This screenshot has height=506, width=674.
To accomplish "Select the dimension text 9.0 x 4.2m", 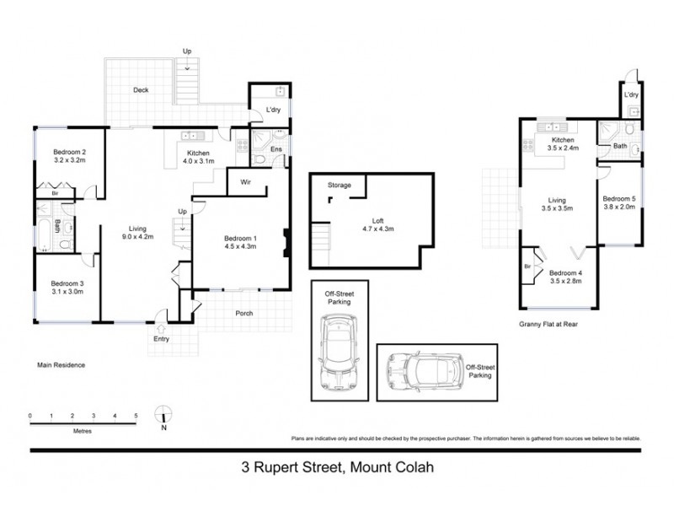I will click(136, 237).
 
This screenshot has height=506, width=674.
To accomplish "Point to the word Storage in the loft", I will click(340, 185).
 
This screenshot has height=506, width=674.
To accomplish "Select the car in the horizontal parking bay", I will click(419, 372).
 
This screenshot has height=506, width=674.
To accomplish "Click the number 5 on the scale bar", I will click(136, 416).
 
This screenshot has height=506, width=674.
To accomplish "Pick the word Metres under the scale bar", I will click(83, 430).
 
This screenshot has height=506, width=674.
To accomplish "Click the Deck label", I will click(141, 91).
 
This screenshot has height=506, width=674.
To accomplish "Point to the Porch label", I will click(243, 314).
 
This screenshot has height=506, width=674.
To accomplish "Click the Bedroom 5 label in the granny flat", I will click(618, 199).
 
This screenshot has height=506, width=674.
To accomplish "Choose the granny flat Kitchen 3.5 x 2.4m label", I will click(562, 143).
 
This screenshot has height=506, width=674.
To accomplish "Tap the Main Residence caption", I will click(61, 365).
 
